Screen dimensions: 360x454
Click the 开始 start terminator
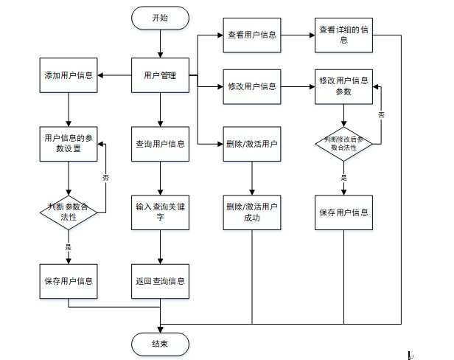[x=159, y=18]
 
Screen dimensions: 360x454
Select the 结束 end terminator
[x=159, y=344]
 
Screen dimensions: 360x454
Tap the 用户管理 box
[x=160, y=75]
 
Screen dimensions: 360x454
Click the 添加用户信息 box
[x=69, y=75]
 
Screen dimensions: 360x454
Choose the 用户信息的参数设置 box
[x=69, y=143]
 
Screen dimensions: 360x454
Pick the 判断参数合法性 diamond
[x=69, y=212]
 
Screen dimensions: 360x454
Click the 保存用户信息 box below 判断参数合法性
[x=69, y=281]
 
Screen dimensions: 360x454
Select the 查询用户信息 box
[x=160, y=143]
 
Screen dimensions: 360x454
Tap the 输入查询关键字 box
[x=160, y=212]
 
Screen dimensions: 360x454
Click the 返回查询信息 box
[x=160, y=281]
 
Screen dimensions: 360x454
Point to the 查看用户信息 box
[x=252, y=35]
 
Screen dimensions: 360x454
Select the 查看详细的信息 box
[x=343, y=35]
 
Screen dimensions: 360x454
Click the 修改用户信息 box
[x=252, y=86]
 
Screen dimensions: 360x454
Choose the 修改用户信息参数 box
[x=343, y=86]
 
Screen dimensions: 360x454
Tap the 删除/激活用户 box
[x=252, y=143]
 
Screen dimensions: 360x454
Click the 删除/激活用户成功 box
[x=252, y=212]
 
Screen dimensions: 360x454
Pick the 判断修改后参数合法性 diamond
[x=343, y=143]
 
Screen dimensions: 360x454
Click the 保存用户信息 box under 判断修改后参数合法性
[x=343, y=212]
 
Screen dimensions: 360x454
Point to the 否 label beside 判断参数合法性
[x=105, y=178]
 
